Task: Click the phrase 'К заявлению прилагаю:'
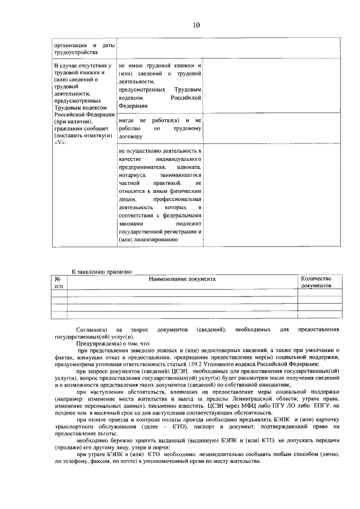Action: pos(102,272)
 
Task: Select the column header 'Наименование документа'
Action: pos(182,279)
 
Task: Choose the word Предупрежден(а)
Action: pos(97,343)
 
